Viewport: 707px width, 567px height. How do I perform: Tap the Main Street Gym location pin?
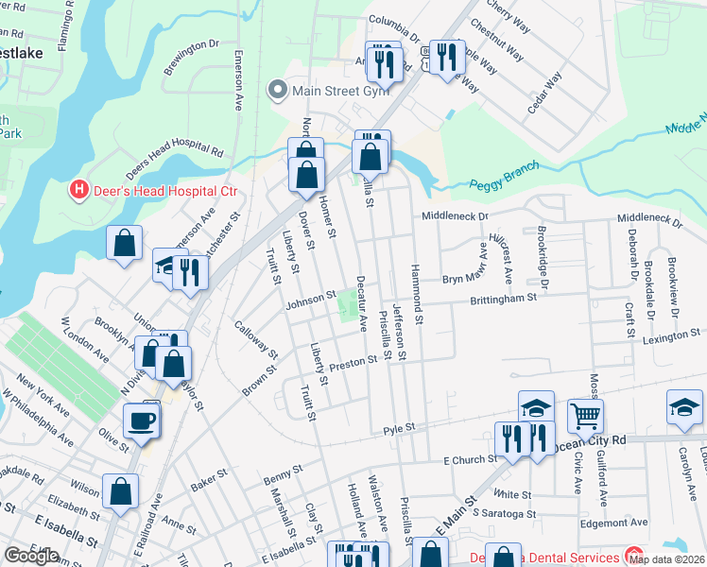tap(277, 91)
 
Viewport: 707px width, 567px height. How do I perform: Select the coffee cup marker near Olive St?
tap(142, 420)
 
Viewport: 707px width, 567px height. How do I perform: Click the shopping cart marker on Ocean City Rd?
tap(585, 415)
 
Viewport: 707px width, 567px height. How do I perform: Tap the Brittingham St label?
tap(505, 298)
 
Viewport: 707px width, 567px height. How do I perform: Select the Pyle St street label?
tap(399, 428)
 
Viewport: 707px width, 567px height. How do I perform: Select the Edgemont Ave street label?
tap(614, 521)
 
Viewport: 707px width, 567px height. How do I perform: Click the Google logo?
tap(31, 556)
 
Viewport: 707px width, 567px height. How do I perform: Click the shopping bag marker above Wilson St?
tap(120, 491)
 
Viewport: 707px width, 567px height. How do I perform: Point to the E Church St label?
tap(470, 460)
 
